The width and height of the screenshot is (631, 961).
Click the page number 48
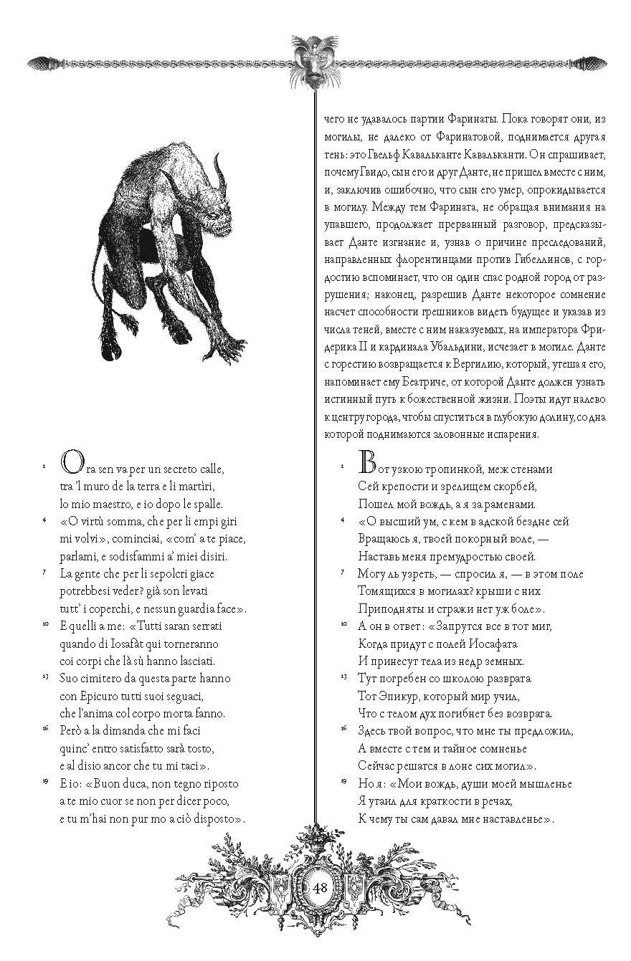tap(321, 888)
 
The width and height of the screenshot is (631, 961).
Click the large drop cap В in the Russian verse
tap(366, 465)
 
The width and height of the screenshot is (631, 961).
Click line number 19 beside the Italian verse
tap(46, 781)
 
